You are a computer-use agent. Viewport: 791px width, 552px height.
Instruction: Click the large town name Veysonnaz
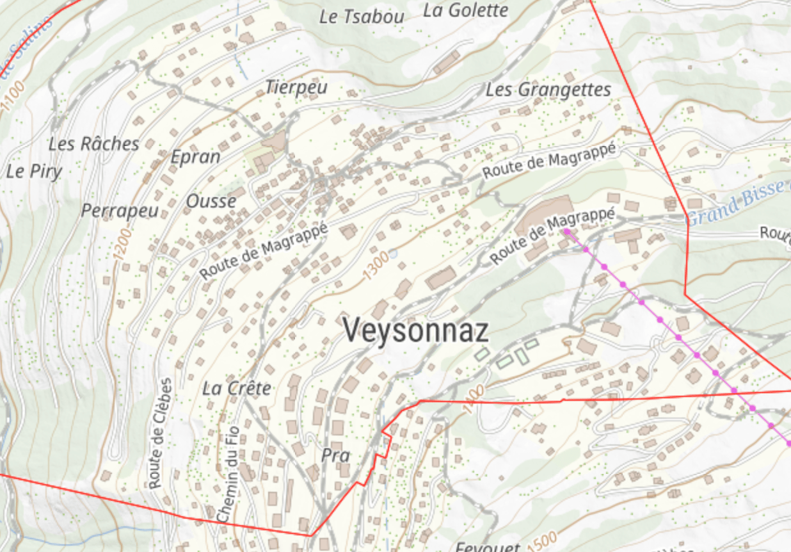coord(416,330)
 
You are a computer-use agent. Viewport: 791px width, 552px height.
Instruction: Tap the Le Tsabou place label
coord(362,17)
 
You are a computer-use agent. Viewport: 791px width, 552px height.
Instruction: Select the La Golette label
coord(466,10)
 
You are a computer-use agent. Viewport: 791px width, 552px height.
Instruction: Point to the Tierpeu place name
coord(296,87)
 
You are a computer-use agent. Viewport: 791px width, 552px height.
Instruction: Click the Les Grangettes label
coord(548,90)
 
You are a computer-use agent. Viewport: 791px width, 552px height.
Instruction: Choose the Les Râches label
coord(93,144)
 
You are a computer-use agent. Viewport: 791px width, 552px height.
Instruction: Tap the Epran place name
coord(195,157)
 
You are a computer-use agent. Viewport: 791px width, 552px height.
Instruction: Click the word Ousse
coord(211,201)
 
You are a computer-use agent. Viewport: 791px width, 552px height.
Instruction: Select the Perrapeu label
coord(120,211)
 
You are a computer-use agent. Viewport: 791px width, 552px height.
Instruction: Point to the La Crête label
coord(237,388)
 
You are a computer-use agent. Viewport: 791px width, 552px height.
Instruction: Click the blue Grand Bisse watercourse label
coord(736,203)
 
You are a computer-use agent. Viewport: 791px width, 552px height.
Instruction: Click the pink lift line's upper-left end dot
coord(566,231)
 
